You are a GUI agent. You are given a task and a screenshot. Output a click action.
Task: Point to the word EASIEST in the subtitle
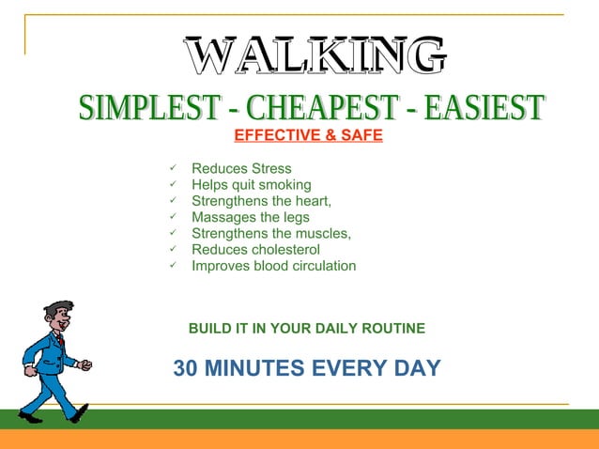point(484,108)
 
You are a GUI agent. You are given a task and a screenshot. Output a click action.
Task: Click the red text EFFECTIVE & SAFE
point(308,135)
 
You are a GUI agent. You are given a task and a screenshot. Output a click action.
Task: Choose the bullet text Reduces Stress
point(241,169)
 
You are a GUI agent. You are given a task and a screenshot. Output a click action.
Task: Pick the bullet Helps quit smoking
point(251,185)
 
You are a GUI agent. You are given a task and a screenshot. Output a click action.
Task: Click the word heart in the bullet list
point(313,201)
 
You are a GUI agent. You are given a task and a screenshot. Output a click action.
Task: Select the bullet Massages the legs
point(250,217)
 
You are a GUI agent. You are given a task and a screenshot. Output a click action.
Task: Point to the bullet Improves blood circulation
point(273,266)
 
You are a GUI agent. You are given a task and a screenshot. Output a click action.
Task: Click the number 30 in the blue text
point(186,368)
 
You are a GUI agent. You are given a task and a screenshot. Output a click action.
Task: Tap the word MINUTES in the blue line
point(250,368)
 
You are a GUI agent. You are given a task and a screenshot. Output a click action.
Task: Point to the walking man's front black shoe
point(80,412)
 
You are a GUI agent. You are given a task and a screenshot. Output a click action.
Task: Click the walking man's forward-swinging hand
point(85,364)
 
